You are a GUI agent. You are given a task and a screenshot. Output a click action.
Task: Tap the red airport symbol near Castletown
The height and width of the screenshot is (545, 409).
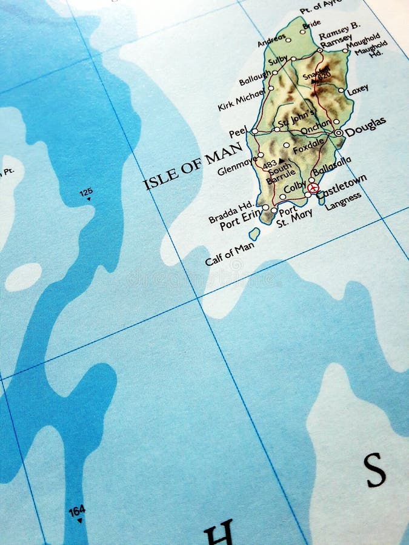[313, 188]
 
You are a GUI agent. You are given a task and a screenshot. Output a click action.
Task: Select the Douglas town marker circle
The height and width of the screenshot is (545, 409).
[338, 133]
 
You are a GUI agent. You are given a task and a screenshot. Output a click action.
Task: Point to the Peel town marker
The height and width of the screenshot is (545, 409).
[254, 131]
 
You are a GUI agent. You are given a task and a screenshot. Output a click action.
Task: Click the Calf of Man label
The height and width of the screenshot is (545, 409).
[229, 254]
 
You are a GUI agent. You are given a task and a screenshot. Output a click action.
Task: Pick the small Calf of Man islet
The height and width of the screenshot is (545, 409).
[254, 233]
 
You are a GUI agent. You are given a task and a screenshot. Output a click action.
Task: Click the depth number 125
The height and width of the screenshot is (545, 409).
[85, 193]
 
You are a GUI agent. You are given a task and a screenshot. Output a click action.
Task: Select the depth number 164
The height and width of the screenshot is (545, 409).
[76, 511]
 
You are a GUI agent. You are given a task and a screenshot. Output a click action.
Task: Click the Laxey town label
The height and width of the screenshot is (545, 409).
[357, 90]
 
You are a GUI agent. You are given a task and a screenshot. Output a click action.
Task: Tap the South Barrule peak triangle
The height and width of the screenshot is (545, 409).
[281, 161]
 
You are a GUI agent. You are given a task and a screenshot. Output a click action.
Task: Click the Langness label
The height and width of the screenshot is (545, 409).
[342, 201]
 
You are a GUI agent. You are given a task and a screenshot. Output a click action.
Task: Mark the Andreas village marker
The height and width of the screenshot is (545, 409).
[288, 41]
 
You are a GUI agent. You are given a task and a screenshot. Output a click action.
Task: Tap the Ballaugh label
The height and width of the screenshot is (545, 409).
[254, 78]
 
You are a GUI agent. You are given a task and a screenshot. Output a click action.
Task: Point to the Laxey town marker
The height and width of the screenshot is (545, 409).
[341, 90]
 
